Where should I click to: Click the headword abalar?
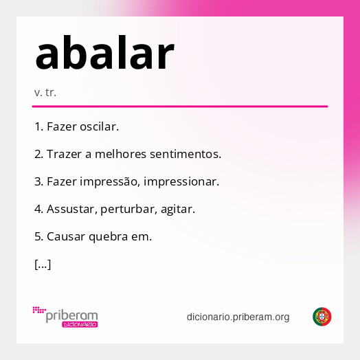(104, 54)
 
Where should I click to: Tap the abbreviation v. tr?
(45, 92)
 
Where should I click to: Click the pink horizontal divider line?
(180, 106)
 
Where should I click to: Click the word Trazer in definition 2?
(64, 155)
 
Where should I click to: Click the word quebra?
(109, 236)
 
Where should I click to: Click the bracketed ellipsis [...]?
(43, 264)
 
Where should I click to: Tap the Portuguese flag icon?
(322, 317)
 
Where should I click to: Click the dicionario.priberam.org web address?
(238, 317)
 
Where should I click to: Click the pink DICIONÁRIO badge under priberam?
(80, 324)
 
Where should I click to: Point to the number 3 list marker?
(38, 182)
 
